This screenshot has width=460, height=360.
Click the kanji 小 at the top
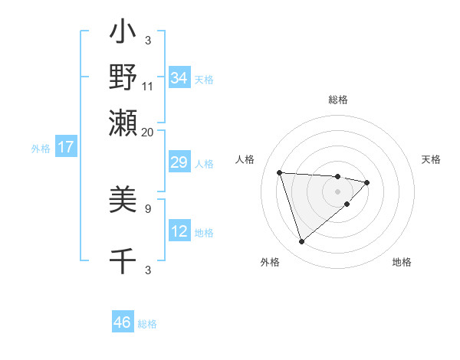tap(123, 34)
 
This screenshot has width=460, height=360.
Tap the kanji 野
tap(123, 77)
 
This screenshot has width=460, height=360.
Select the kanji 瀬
tap(123, 120)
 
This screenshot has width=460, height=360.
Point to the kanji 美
tap(123, 201)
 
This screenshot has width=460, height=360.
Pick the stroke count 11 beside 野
tap(148, 87)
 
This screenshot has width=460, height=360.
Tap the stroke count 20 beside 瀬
tap(148, 131)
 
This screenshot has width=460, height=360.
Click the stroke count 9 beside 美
tap(148, 208)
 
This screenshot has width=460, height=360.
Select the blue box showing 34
tap(179, 78)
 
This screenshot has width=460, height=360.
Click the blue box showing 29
tap(179, 163)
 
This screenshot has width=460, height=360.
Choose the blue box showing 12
tap(179, 231)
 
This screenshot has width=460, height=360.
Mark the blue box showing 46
tap(123, 322)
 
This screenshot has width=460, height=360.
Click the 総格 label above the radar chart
tap(338, 100)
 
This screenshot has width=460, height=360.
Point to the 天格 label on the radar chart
tap(431, 159)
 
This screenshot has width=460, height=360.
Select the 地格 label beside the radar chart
tap(402, 263)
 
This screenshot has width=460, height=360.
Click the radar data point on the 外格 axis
tap(301, 242)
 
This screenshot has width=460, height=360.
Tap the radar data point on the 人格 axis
tap(280, 172)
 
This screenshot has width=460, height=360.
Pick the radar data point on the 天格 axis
tap(367, 182)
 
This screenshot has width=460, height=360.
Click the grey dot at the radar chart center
tap(338, 191)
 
